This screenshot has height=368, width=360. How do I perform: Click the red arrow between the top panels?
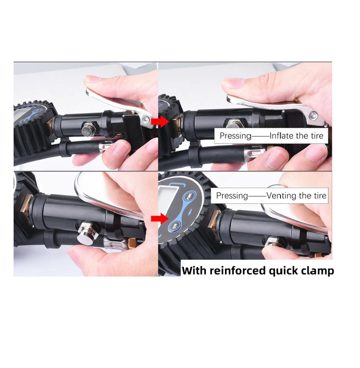coord(160,121)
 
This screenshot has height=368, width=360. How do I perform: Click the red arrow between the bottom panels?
coord(160,219)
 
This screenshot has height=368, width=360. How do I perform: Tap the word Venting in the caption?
coord(281,196)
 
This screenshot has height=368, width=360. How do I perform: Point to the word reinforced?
coord(238,271)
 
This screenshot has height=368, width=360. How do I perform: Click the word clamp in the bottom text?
coord(317,271)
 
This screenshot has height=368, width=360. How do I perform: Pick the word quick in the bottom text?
coord(283,271)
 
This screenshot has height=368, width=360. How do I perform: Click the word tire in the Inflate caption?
coord(317,136)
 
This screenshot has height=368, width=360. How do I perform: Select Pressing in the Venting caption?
coord(232,196)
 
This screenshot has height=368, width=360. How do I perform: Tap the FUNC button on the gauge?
coord(189,196)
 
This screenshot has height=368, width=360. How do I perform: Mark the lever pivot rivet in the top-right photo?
coord(312,116)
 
